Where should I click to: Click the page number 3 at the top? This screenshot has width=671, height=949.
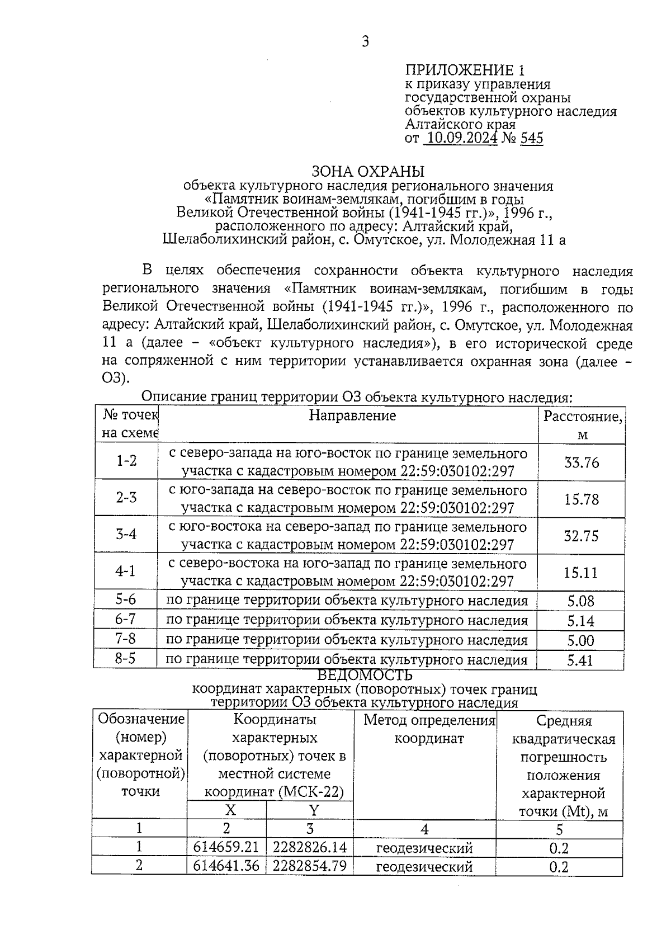(x=365, y=42)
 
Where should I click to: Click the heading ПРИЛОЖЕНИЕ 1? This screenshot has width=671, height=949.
(x=465, y=70)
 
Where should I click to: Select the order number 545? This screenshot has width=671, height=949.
(x=531, y=138)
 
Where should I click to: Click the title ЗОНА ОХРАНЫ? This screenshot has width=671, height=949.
(x=367, y=171)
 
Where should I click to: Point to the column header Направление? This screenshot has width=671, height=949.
(x=352, y=416)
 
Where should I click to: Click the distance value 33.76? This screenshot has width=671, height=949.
(x=581, y=462)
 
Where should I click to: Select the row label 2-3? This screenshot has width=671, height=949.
(x=126, y=497)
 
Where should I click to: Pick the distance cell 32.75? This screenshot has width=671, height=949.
(x=581, y=536)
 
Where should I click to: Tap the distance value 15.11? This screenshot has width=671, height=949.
(x=581, y=573)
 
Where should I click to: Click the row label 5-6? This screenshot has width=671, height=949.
(x=126, y=599)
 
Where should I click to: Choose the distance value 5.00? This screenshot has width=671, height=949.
(x=580, y=640)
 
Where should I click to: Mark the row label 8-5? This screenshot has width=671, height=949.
(x=126, y=658)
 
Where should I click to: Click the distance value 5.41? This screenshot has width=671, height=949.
(x=580, y=660)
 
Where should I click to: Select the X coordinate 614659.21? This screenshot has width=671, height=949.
(x=226, y=848)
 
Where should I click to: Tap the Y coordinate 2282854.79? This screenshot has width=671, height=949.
(x=310, y=866)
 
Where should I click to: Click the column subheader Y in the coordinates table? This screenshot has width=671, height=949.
(x=314, y=810)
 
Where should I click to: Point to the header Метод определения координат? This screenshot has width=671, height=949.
(x=429, y=729)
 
